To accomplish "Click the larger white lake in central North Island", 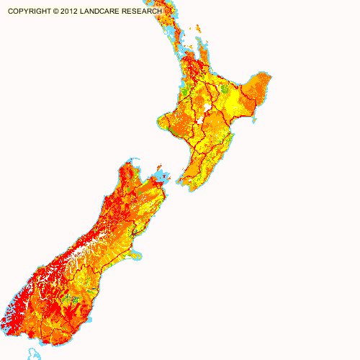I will [x=208, y=108].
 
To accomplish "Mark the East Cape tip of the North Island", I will [x=272, y=85].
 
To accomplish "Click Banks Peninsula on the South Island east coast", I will [x=135, y=254].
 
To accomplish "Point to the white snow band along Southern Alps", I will [x=79, y=252].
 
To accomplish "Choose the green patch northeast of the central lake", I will [x=225, y=89].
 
